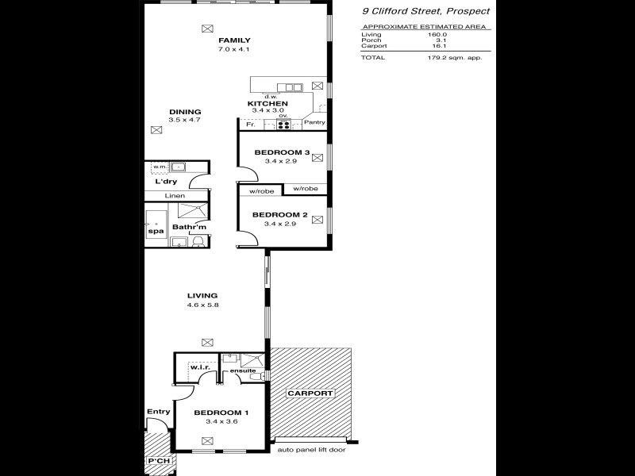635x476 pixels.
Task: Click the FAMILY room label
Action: coord(234,40)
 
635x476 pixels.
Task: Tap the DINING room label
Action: coord(185,112)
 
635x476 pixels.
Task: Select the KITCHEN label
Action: coord(267,104)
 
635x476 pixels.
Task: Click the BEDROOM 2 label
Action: coord(279,214)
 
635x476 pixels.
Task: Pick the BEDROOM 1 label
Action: coord(222,412)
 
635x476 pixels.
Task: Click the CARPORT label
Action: coord(310,393)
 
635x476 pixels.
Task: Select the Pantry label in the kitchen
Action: coord(314,123)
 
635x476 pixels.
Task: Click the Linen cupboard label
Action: coord(175,196)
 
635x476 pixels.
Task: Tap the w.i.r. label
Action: coord(198,367)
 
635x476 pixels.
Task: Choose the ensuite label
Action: coord(243,370)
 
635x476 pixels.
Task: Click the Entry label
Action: coord(159,412)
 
